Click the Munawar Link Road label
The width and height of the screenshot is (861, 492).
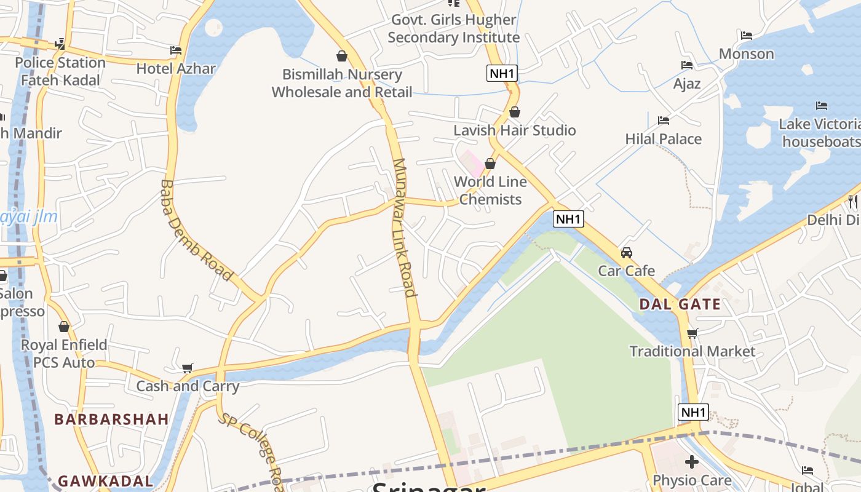(x=405, y=228)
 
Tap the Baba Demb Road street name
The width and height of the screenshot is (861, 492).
(x=196, y=231)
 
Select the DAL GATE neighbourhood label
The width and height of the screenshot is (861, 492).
(x=680, y=304)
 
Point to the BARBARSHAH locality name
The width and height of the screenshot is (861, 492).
(x=111, y=419)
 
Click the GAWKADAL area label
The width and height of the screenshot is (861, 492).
(x=105, y=481)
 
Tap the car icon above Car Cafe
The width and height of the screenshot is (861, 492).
(x=627, y=253)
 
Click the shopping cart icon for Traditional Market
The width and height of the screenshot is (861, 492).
(x=692, y=334)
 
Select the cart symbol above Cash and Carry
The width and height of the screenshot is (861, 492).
(x=188, y=368)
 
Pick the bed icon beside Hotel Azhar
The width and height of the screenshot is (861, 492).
(x=176, y=50)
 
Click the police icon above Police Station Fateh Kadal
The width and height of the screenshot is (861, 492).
(x=60, y=44)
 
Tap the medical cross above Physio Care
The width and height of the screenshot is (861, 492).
(x=692, y=461)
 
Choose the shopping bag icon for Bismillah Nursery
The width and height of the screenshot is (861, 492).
(x=342, y=57)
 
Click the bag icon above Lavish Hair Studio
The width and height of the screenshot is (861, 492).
(x=515, y=112)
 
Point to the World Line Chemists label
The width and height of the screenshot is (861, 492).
(x=491, y=191)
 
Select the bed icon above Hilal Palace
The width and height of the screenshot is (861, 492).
(x=663, y=121)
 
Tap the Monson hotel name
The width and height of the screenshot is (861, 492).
(x=747, y=54)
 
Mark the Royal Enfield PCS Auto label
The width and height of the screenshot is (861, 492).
(x=64, y=354)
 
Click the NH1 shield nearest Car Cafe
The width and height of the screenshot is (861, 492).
(x=568, y=218)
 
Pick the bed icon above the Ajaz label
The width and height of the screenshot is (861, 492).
(x=687, y=65)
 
